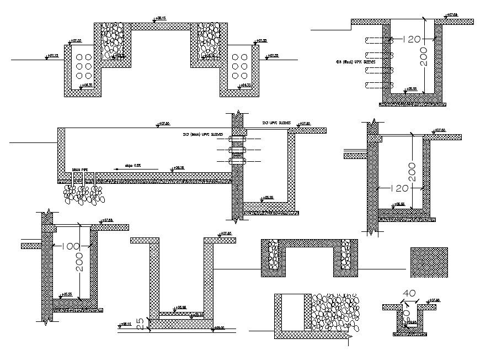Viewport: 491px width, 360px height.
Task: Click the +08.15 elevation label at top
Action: (x=161, y=19)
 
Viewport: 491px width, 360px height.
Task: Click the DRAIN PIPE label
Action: (x=81, y=170)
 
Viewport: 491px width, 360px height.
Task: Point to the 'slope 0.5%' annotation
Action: (x=133, y=165)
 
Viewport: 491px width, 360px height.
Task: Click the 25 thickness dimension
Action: (x=140, y=324)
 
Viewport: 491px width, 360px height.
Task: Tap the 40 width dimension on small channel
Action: (x=409, y=293)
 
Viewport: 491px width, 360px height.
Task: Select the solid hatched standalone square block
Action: (x=429, y=263)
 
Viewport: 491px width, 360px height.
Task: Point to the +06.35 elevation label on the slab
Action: (x=178, y=168)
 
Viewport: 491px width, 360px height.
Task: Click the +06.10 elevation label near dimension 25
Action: (x=126, y=324)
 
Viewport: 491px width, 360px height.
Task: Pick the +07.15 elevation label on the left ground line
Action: (x=52, y=56)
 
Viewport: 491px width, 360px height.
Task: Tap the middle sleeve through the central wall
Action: (x=237, y=150)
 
